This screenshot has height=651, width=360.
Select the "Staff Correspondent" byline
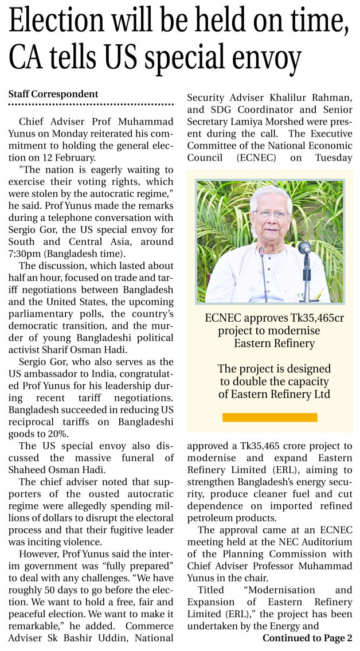(x=53, y=94)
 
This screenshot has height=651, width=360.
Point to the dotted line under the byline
(x=91, y=104)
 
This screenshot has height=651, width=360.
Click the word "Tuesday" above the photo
(x=330, y=157)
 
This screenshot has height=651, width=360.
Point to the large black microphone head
(x=305, y=248)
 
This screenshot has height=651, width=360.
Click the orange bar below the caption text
(x=269, y=417)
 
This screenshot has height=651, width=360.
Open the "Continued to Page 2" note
(x=307, y=638)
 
